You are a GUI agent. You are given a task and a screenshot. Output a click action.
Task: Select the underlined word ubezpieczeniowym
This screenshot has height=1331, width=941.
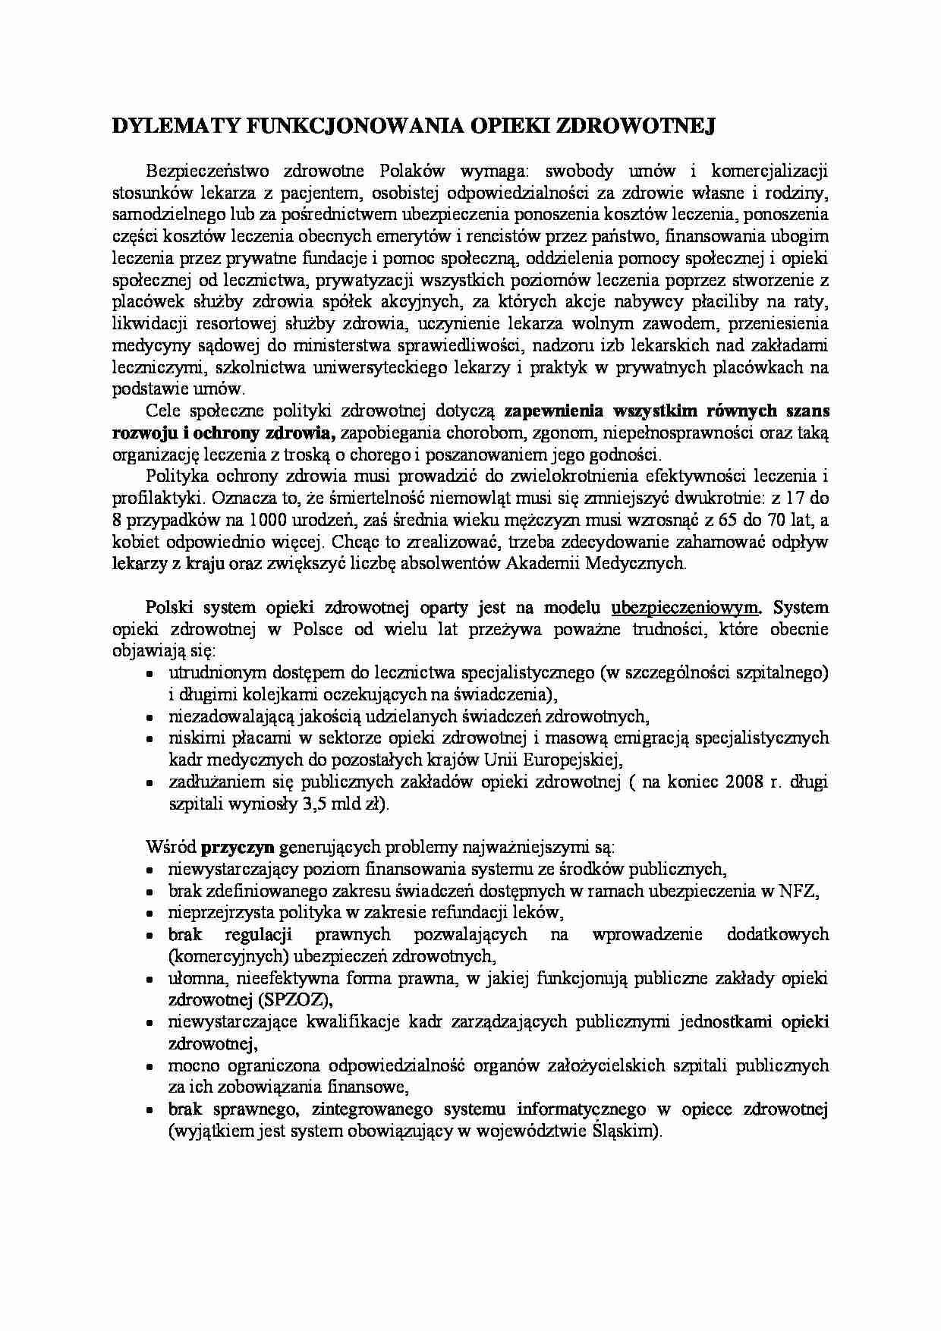(685, 608)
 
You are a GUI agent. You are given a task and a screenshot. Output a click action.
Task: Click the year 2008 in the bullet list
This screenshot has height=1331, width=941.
(747, 782)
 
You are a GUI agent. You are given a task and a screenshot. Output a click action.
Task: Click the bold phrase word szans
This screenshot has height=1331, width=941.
(807, 411)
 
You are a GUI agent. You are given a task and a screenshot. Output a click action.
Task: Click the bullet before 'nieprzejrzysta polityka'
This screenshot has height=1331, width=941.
(150, 914)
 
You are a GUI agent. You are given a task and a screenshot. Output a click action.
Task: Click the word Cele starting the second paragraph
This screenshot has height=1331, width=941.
(160, 411)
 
